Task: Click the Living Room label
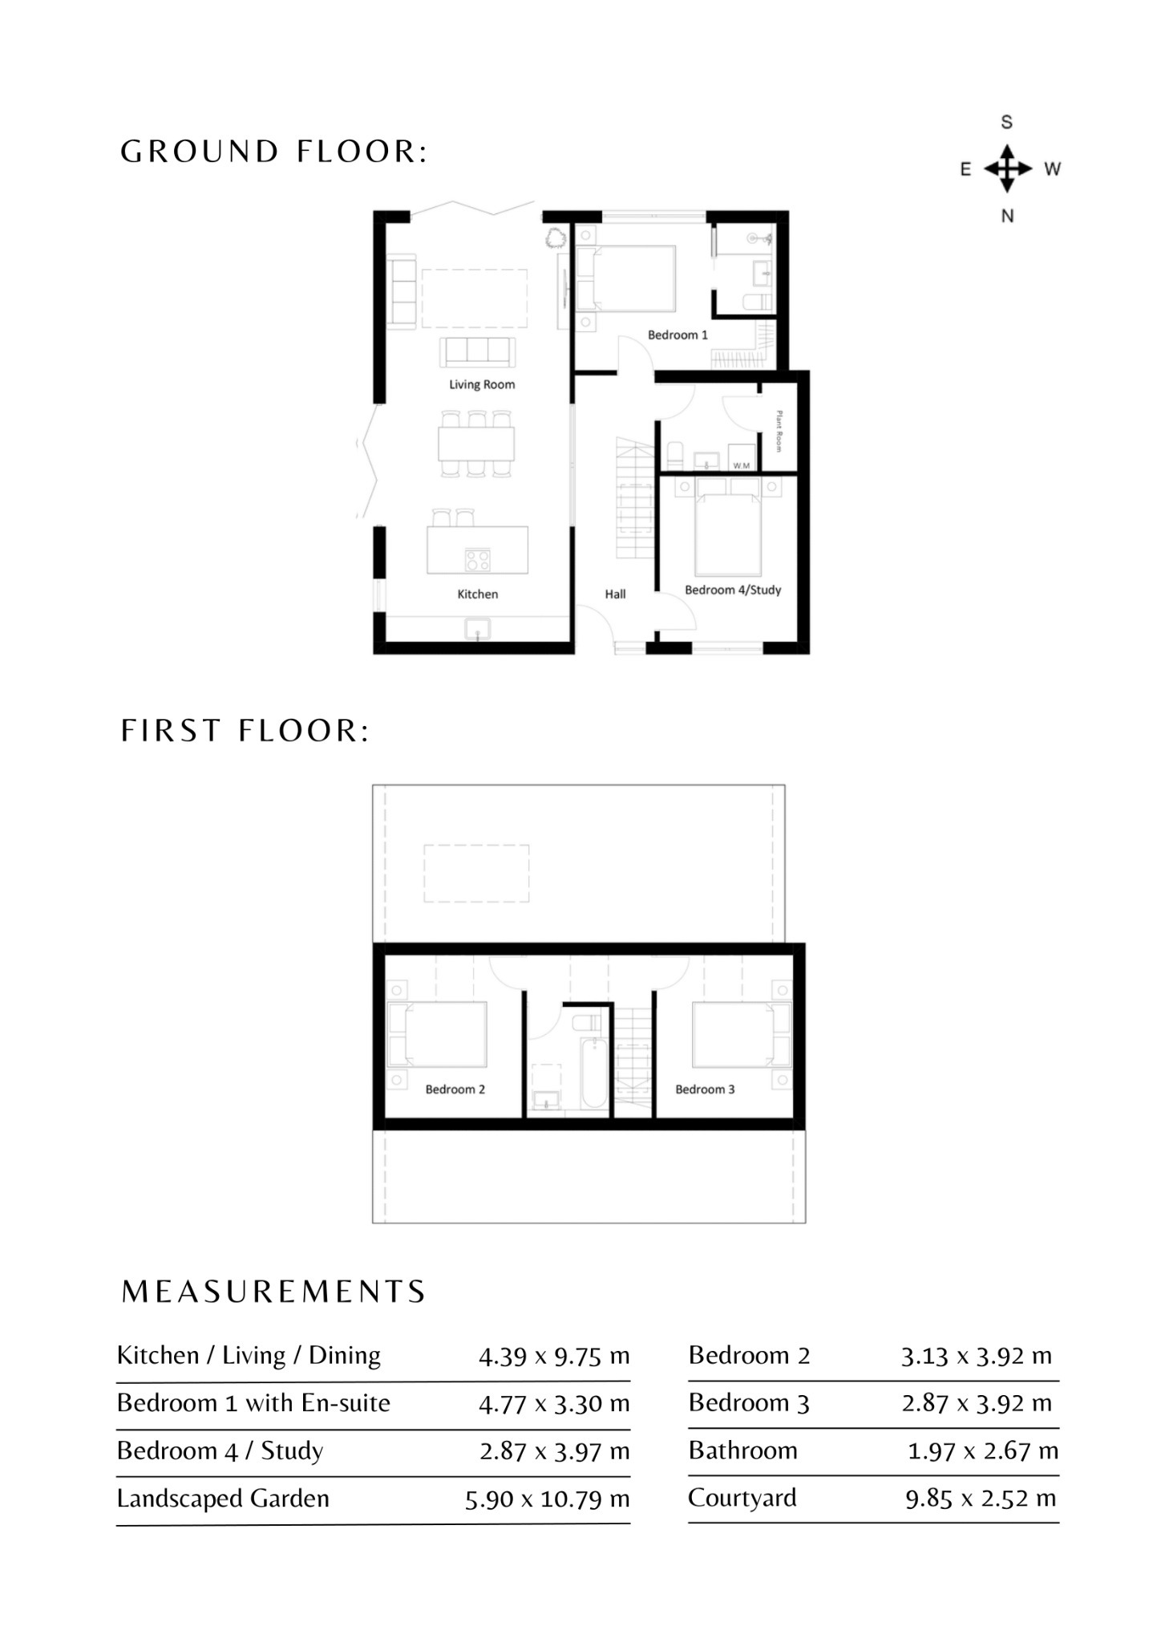coord(482,384)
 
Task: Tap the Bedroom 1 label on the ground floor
coord(678,335)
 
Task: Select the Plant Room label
coord(779,431)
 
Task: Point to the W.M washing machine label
coord(742,465)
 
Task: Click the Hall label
coord(615,594)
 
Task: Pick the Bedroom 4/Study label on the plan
coord(733,590)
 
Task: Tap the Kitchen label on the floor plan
coord(478,594)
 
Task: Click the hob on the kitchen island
coord(478,559)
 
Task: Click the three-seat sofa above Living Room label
coord(477,351)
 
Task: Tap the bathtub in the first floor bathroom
coord(594,1073)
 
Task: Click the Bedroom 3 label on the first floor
coord(705,1089)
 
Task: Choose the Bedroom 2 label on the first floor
coord(455,1089)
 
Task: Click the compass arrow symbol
coord(1008,168)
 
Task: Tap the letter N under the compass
coord(1008,216)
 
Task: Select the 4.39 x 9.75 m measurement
coord(554,1357)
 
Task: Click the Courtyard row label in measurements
coord(742,1498)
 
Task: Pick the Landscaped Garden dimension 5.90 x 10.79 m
coord(548,1499)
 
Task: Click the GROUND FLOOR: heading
coord(274,152)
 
